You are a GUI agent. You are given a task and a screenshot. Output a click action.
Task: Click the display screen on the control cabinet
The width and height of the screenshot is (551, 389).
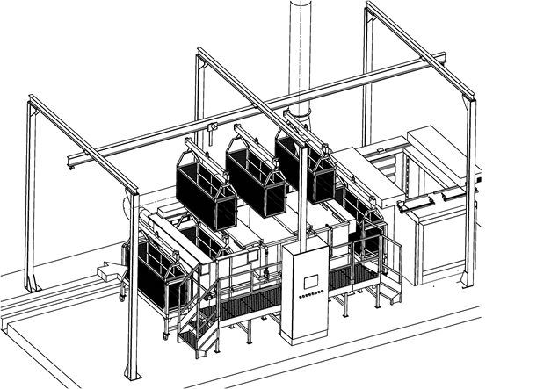pos(310,282)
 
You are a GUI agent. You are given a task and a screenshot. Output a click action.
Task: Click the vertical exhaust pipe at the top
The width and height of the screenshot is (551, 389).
pos(301,53)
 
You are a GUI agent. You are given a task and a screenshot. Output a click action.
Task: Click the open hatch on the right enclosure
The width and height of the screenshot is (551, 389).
pos(431,198)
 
